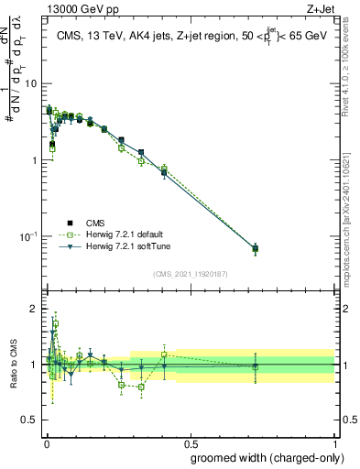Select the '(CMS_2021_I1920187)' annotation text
(x=191, y=274)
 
